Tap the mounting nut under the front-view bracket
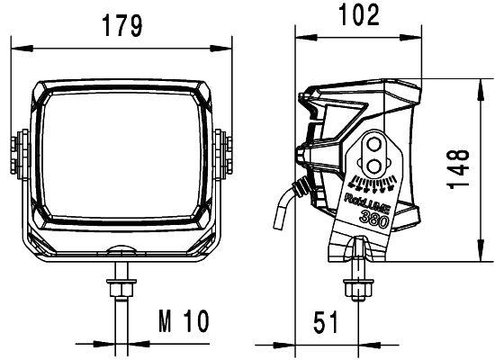pos(119,287)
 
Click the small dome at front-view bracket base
pos(119,253)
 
